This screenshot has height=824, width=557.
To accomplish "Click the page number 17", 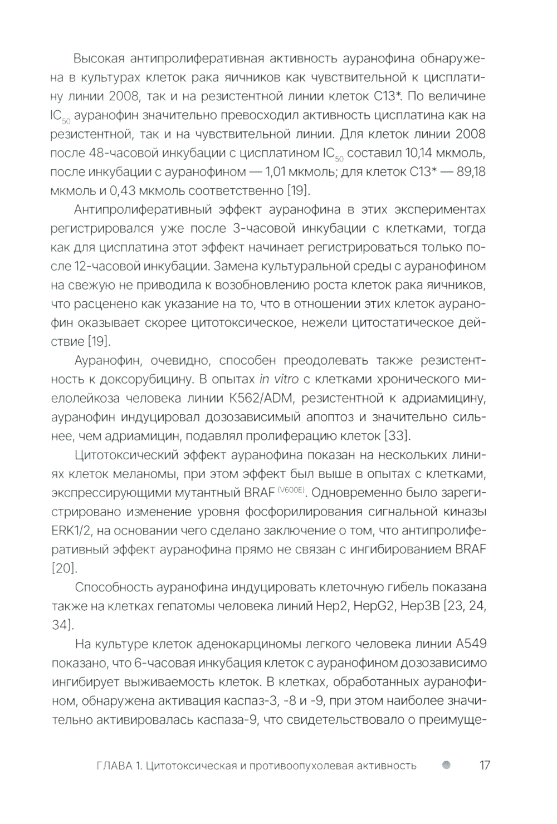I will [x=484, y=765].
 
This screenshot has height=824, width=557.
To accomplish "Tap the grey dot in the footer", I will [x=445, y=765].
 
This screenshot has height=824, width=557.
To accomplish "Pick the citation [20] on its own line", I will [x=64, y=568].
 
